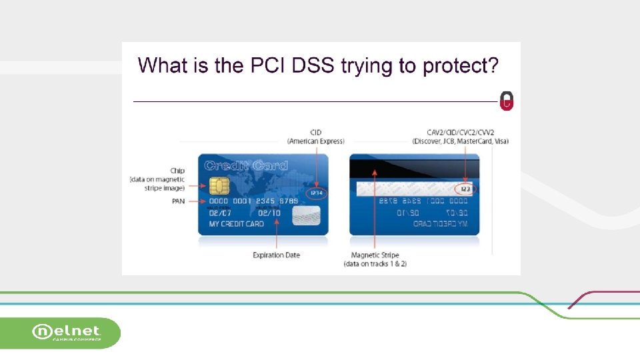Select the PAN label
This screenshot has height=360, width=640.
pos(178,201)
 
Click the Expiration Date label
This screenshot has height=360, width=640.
pos(276,255)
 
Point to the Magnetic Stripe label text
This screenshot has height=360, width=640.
pos(375,255)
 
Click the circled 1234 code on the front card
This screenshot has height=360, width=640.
pos(317,193)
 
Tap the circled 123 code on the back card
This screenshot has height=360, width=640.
pos(465,189)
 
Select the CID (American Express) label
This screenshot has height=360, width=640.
pos(316,137)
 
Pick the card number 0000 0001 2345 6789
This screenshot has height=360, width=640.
pos(253,201)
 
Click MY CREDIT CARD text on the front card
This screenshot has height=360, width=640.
pos(237,224)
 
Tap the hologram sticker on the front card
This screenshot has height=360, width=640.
pos(306,214)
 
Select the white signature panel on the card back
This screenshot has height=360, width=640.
pos(407,189)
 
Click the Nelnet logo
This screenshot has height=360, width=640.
pos(67,332)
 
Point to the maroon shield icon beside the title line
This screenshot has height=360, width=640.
pos(507,101)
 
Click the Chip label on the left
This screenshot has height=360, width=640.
pos(177,171)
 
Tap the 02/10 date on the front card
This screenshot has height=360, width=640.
pos(269,213)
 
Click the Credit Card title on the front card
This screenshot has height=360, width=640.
pos(246,165)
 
